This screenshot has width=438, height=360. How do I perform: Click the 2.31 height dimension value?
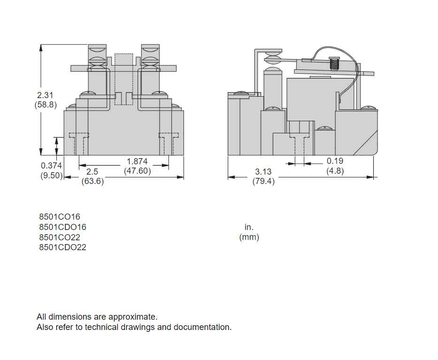coord(46,95)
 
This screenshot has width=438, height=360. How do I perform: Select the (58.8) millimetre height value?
coord(46,105)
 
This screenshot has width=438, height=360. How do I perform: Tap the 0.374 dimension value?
coord(51,166)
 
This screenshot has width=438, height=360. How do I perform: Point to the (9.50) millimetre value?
coord(51,176)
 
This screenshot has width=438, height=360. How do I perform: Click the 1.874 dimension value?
coord(137,161)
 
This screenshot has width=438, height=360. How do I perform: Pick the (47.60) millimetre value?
coord(137,171)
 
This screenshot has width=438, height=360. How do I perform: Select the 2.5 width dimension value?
coord(92,172)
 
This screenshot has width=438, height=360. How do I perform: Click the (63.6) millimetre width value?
coord(92,182)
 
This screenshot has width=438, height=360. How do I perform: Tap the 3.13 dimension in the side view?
coord(263,172)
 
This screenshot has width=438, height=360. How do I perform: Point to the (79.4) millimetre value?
coord(263,182)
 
